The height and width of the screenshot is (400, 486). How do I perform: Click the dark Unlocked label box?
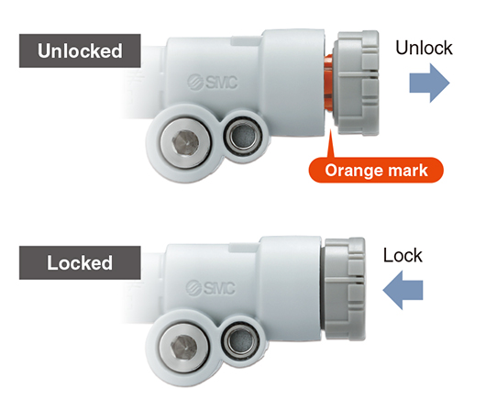click(x=80, y=50)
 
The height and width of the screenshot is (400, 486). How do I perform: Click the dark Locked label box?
click(x=80, y=263)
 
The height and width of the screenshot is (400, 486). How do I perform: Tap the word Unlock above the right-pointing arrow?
click(x=424, y=48)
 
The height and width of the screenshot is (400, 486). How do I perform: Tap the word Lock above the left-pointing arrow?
click(x=403, y=255)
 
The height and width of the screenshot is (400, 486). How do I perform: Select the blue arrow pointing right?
click(x=429, y=83)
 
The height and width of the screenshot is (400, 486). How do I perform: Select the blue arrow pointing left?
click(x=403, y=290)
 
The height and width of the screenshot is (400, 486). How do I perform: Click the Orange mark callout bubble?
click(x=376, y=170)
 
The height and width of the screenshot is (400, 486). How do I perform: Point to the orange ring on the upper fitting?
click(x=328, y=83)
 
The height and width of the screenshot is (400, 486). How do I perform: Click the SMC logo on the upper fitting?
click(x=213, y=83)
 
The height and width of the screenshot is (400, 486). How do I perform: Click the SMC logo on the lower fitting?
click(x=211, y=288)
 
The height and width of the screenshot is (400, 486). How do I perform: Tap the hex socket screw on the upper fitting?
click(x=185, y=143)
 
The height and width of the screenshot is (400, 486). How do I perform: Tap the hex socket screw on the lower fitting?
click(x=184, y=349)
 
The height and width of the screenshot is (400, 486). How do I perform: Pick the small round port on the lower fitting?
click(x=241, y=340)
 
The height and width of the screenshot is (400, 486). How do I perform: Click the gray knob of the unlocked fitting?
click(x=356, y=83)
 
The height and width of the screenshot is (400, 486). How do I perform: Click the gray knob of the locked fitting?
click(x=344, y=289)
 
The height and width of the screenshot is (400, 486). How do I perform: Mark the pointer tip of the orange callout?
click(x=330, y=129)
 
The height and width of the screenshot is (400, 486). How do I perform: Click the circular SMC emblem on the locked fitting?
click(x=194, y=288)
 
